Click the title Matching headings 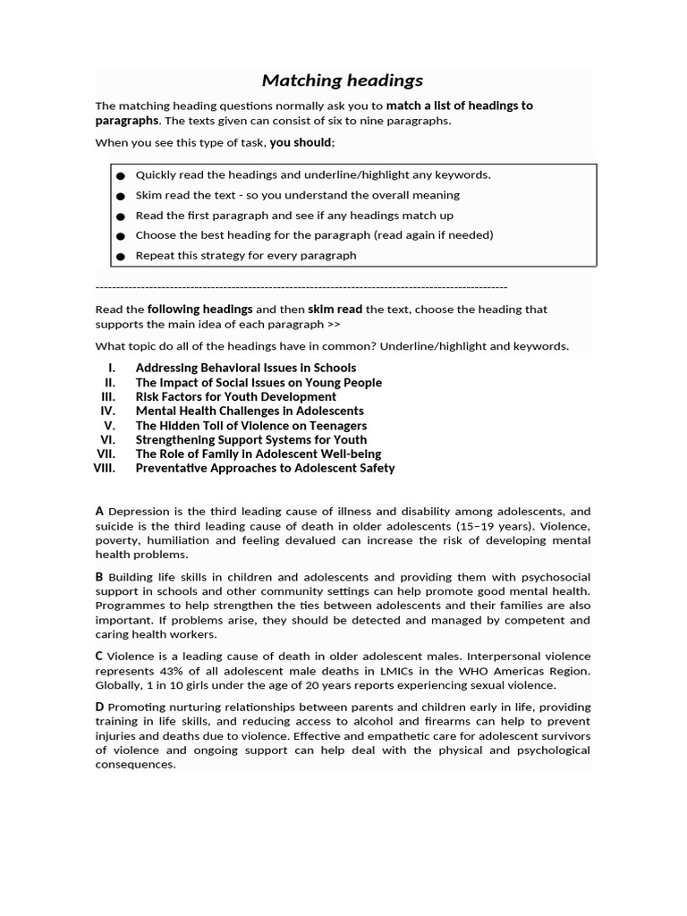point(343,81)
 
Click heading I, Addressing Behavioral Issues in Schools point(245,368)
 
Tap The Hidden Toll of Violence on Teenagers point(250,425)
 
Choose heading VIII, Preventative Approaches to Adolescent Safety point(265,468)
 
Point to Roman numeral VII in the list point(106,454)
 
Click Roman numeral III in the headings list point(108,396)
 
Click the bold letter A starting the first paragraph point(99,511)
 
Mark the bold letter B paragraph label point(99,577)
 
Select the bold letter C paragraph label point(99,656)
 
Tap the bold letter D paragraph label point(99,707)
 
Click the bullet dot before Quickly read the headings point(120,175)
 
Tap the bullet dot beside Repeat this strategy point(120,256)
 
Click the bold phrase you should point(301,142)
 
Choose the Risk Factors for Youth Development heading point(235,396)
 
